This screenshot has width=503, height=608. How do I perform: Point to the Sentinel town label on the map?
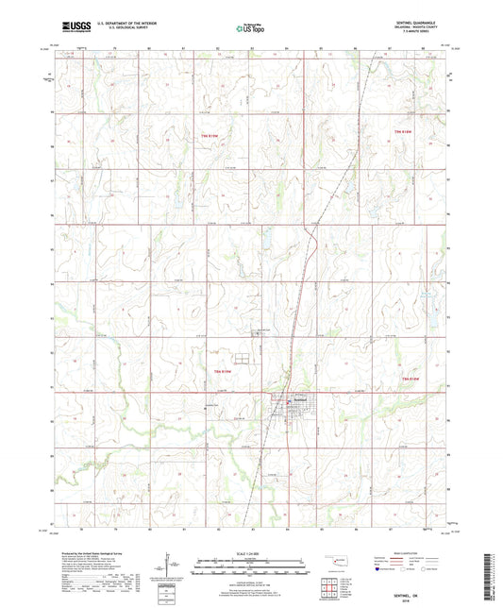(300, 399)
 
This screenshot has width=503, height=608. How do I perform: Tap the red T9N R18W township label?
(404, 131)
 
